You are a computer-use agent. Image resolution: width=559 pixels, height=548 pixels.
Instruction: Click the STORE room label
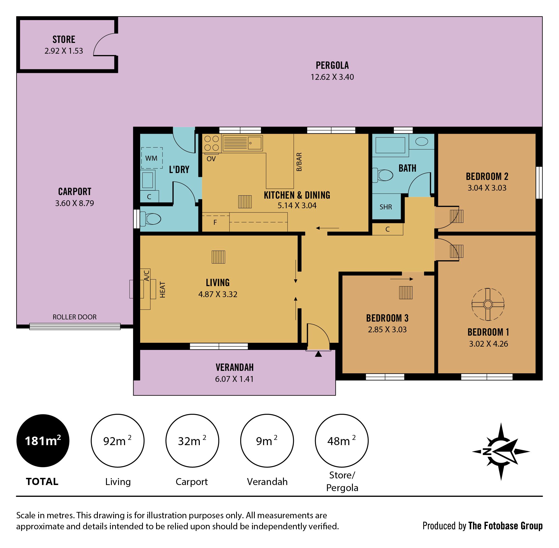64,39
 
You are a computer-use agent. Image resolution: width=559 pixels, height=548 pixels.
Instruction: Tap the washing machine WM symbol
151,158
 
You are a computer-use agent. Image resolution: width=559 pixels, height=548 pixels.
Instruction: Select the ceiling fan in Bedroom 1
488,304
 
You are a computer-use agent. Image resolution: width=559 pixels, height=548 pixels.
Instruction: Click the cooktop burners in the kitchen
212,143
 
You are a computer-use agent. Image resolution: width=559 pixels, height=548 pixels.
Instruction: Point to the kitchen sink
242,143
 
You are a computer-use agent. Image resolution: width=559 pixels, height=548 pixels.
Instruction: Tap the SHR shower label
386,207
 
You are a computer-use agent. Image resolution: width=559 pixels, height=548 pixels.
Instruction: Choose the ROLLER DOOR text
74,317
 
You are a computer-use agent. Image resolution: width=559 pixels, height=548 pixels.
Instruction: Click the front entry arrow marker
318,354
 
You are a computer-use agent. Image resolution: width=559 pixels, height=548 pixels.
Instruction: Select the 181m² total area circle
43,441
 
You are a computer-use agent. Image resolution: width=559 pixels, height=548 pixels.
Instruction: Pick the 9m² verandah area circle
267,441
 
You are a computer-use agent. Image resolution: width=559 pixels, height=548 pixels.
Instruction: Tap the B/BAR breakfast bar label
299,162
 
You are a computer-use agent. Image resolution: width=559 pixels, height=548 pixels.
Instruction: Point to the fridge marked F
216,222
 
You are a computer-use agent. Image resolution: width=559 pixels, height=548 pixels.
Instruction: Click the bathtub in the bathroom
390,145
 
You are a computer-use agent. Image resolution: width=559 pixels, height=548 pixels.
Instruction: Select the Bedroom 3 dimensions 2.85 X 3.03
387,329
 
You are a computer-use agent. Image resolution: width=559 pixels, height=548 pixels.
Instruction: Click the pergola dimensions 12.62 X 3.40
332,77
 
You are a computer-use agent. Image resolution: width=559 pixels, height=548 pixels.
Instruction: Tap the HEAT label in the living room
162,290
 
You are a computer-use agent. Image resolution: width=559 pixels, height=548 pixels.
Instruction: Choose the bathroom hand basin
421,141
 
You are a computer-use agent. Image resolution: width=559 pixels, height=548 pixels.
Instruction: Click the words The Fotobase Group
505,526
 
